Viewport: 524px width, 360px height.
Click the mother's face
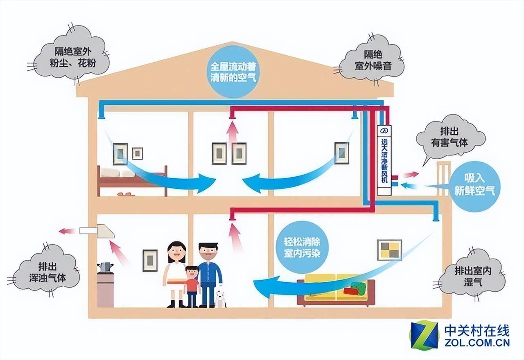[176, 254]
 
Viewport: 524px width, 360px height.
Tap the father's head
[208, 253]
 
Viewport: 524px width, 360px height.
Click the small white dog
[220, 299]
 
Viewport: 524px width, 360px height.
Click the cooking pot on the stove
[105, 268]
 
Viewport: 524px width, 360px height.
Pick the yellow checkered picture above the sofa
[389, 250]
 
